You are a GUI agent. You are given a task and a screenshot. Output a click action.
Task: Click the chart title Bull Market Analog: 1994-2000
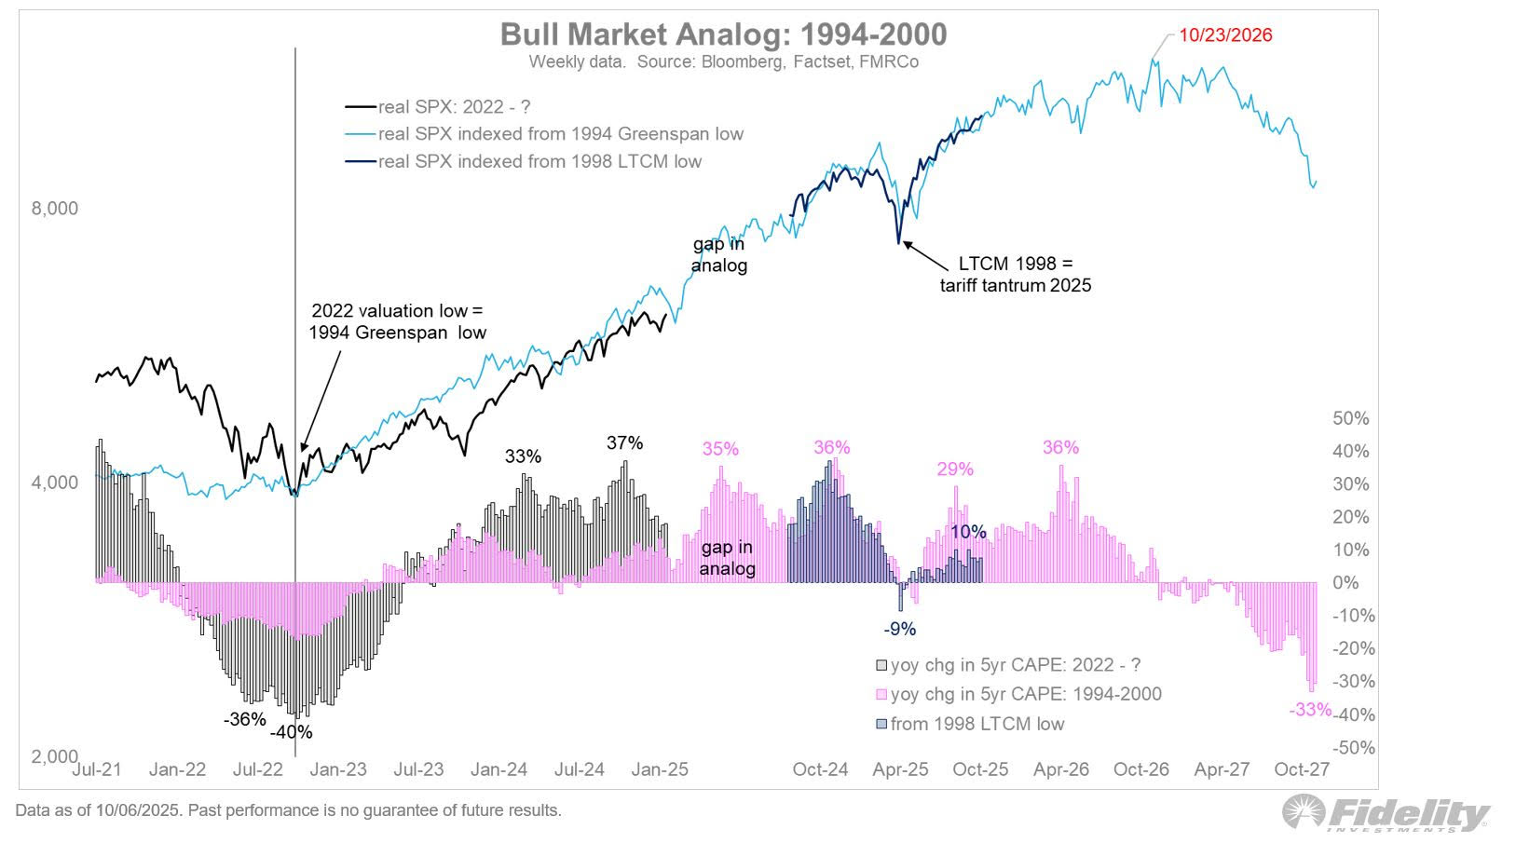click(x=723, y=34)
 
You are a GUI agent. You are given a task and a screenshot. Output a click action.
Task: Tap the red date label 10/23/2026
click(x=1225, y=35)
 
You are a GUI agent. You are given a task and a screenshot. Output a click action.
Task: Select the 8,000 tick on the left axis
click(x=55, y=209)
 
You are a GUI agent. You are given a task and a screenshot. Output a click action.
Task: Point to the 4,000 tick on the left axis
click(x=55, y=483)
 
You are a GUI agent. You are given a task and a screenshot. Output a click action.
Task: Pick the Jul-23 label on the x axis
click(x=418, y=769)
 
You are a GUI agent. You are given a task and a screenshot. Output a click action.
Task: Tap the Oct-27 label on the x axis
click(x=1302, y=769)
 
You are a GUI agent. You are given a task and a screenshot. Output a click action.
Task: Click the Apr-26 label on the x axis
click(x=1061, y=769)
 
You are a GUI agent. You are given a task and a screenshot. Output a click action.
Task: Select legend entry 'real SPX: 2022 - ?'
click(x=454, y=107)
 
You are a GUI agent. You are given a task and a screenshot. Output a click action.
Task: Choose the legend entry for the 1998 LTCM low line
click(x=539, y=161)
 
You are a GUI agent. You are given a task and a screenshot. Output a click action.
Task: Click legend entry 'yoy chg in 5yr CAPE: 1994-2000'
click(x=1025, y=694)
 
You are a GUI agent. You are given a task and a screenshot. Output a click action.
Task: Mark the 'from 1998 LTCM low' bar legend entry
click(x=977, y=724)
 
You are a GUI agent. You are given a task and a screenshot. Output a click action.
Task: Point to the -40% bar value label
click(x=292, y=732)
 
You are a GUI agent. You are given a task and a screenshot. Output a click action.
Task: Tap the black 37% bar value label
click(x=624, y=443)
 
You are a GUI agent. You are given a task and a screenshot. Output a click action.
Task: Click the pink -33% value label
click(x=1310, y=710)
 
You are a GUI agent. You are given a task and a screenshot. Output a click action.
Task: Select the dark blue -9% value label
click(x=900, y=629)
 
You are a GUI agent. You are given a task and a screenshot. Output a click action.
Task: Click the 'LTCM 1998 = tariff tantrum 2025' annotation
click(x=1015, y=274)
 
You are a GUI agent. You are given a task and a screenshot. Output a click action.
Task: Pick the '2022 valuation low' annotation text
click(x=398, y=321)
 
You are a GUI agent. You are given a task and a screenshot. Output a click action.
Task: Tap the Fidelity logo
click(x=1386, y=813)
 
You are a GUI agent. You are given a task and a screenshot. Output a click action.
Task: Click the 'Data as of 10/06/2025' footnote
click(x=288, y=810)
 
